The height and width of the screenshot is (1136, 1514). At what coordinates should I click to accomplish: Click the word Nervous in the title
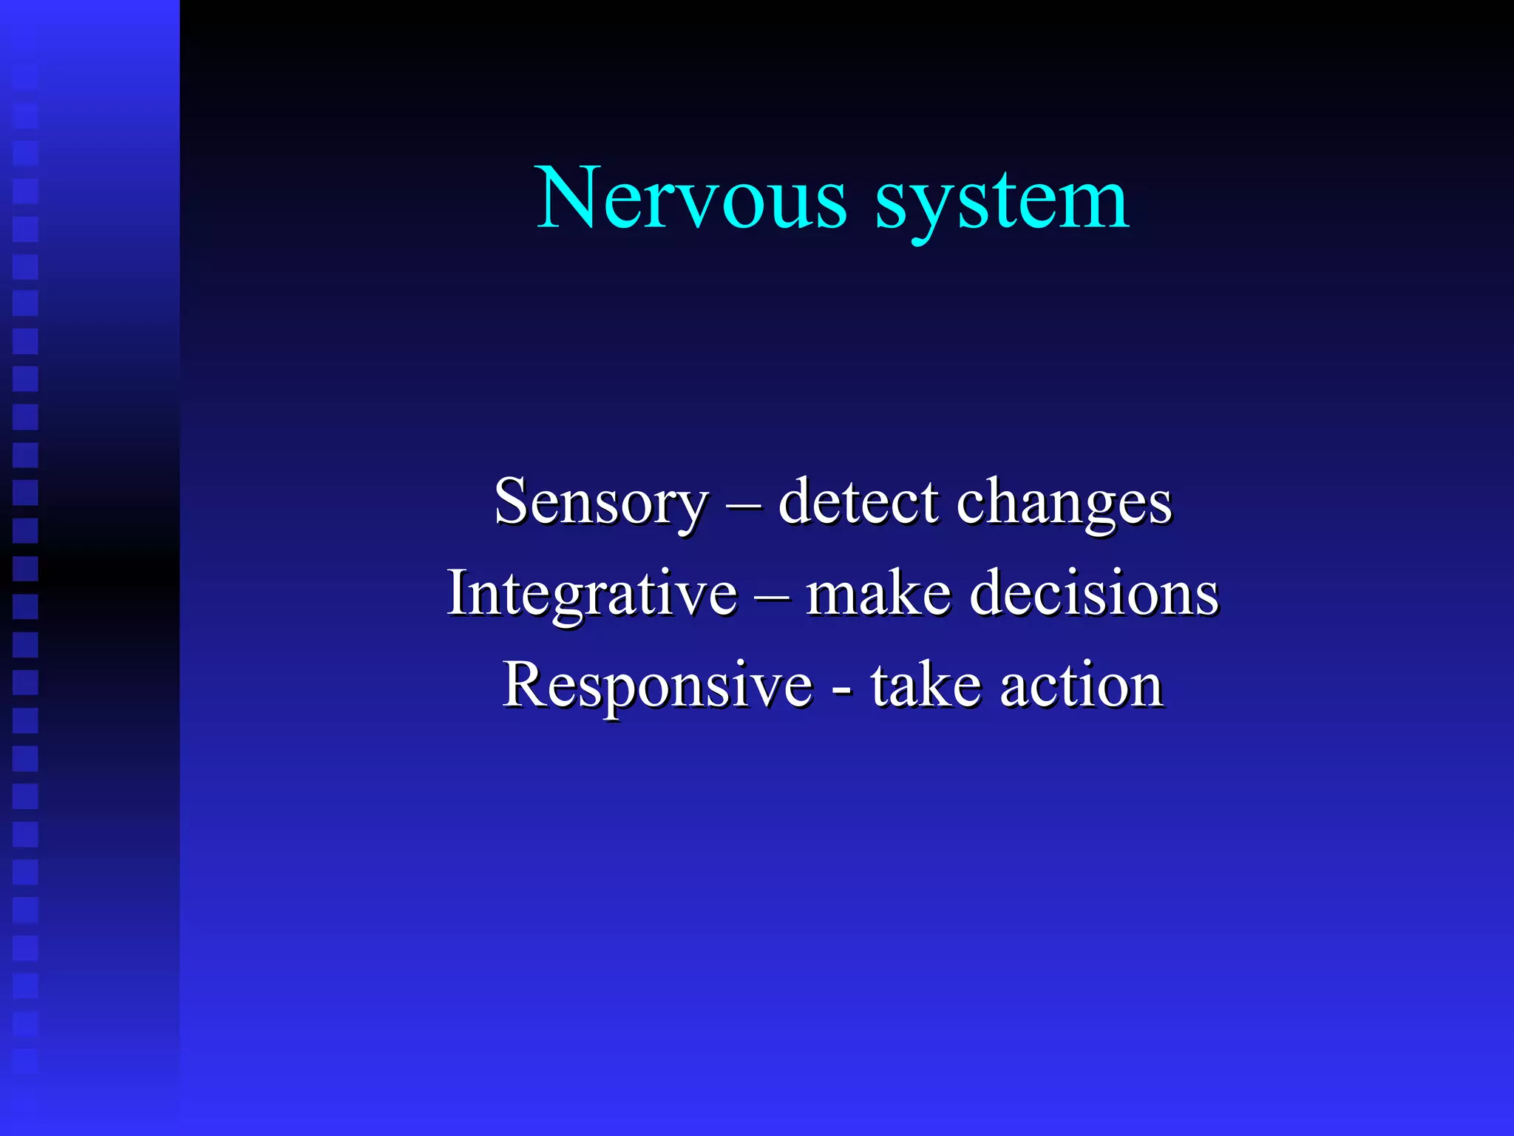[x=690, y=198]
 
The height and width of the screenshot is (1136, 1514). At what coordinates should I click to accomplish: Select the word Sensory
[x=601, y=503]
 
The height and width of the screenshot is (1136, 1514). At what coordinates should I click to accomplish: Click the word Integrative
[x=592, y=594]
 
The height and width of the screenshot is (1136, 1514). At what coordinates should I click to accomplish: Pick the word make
[x=878, y=593]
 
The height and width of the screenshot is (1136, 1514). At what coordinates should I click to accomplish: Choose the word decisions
[x=1093, y=593]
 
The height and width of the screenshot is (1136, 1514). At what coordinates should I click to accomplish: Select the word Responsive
[x=657, y=686]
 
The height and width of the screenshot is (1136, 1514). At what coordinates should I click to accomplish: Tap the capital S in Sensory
[x=512, y=501]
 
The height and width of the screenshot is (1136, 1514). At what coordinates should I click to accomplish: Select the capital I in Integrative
[x=458, y=592]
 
